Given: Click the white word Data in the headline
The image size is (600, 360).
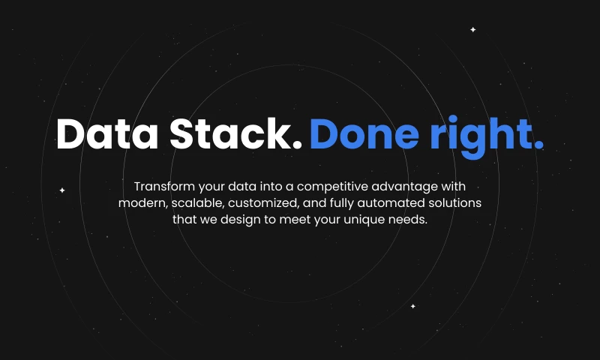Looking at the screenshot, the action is point(107,133).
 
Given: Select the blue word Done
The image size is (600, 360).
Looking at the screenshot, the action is point(364,133).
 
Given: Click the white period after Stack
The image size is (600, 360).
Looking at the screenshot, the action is point(297,145).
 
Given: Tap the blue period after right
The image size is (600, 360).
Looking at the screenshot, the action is point(538,145).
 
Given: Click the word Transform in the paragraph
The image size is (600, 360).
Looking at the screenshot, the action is point(164,187).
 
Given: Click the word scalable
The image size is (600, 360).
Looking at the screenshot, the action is point(197,203).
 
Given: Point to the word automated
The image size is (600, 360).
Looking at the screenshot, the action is point(391,203).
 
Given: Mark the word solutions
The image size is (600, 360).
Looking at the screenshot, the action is point(454,202).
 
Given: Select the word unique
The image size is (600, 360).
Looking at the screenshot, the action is point(364,220).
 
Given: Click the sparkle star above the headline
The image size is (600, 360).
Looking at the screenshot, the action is point(473,29).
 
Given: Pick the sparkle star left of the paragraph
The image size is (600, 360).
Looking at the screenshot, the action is point(62,190).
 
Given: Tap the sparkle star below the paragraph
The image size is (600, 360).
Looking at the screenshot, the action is point(413,306).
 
